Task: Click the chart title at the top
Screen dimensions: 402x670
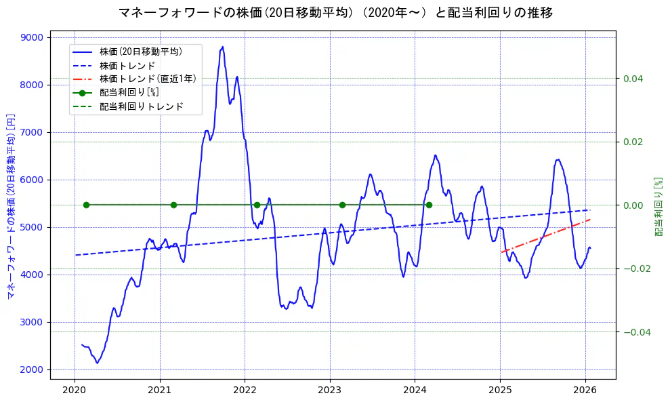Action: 335,13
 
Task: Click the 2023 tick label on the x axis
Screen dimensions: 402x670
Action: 330,390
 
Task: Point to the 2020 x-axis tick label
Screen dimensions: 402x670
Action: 75,390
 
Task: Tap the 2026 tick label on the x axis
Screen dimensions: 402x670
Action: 585,390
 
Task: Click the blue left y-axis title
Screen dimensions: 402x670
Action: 10,206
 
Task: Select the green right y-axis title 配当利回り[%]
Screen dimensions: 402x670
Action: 658,207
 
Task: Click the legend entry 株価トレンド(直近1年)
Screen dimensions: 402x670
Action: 148,79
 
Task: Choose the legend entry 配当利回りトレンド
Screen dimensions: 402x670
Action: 141,106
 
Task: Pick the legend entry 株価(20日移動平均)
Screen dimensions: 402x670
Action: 140,51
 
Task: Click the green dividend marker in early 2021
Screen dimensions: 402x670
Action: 173,205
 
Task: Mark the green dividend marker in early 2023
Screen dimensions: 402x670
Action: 342,205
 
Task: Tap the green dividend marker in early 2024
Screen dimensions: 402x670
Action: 429,205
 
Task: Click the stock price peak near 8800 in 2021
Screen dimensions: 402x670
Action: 222,47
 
